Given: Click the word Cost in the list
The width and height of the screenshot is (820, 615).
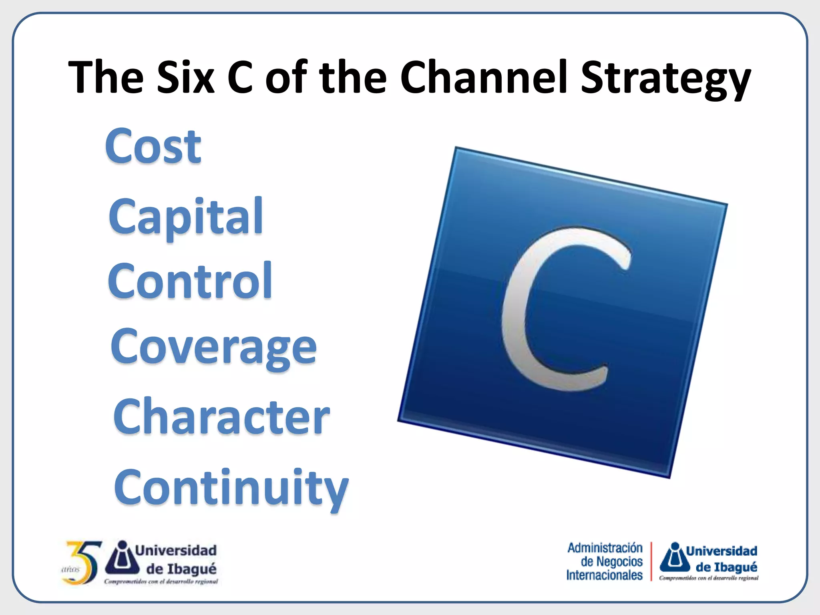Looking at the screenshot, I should click(153, 147).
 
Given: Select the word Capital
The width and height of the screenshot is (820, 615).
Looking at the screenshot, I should click(185, 217).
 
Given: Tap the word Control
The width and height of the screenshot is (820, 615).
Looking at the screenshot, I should click(190, 281).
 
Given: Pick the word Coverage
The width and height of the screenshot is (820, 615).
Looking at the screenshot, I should click(213, 348).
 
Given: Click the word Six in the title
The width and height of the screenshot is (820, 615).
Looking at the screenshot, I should click(185, 77).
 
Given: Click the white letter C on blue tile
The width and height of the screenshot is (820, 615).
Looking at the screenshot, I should click(561, 308).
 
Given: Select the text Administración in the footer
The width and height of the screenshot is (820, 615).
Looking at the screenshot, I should click(605, 548).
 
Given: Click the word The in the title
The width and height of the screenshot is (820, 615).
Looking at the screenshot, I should click(106, 77).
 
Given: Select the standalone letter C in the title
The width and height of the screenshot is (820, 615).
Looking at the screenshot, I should click(239, 77).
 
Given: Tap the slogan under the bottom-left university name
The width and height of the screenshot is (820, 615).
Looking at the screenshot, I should click(161, 581).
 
